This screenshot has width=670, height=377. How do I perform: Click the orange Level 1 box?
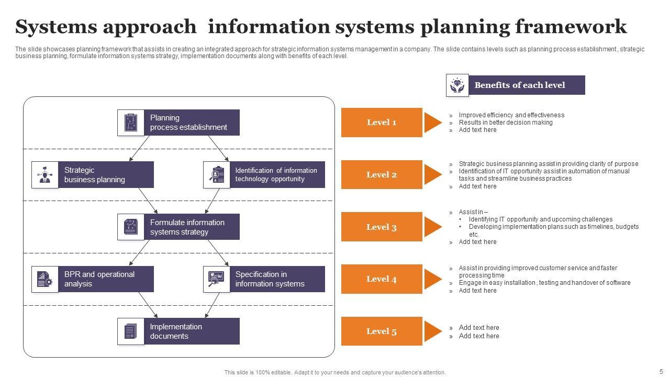[382, 123]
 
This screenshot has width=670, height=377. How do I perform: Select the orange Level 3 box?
[382, 227]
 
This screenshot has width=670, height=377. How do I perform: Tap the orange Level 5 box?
[382, 331]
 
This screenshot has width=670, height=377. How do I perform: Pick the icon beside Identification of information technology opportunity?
[217, 174]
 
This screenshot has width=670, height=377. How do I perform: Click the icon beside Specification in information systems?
[217, 279]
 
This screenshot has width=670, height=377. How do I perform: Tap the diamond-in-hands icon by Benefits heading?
[457, 85]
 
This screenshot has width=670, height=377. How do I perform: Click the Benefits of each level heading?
[520, 85]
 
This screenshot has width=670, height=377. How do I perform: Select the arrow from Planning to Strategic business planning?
[140, 148]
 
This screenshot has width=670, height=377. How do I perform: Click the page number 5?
[661, 371]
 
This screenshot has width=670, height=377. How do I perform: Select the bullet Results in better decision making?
[506, 123]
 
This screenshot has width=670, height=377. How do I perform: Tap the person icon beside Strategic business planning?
[45, 174]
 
